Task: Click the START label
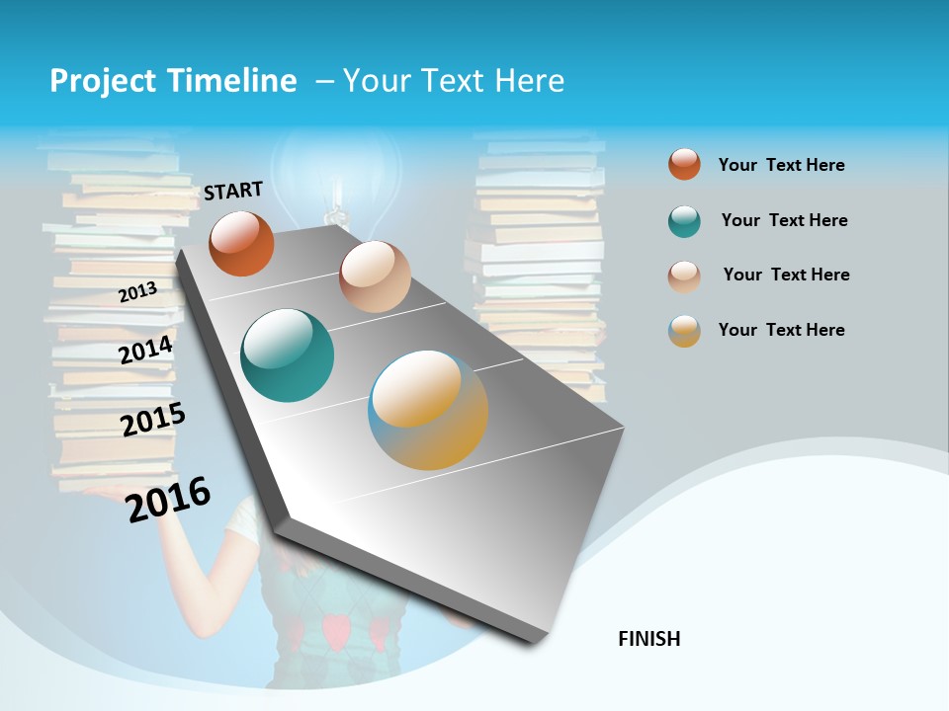(233, 190)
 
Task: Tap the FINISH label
(649, 639)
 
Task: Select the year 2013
(137, 291)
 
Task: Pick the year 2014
(146, 350)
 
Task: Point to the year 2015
(153, 420)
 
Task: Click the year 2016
(169, 499)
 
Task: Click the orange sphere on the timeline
(241, 243)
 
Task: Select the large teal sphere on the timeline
(288, 355)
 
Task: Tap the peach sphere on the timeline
(375, 276)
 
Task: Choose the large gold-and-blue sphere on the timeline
(428, 410)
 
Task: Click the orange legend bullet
(684, 164)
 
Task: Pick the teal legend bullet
(684, 221)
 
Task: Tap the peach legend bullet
(684, 276)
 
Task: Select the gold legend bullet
(684, 331)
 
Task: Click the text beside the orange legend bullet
(781, 165)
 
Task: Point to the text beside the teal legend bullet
(784, 220)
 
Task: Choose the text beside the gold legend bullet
(781, 330)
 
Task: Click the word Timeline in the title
(238, 81)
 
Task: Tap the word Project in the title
(101, 81)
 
